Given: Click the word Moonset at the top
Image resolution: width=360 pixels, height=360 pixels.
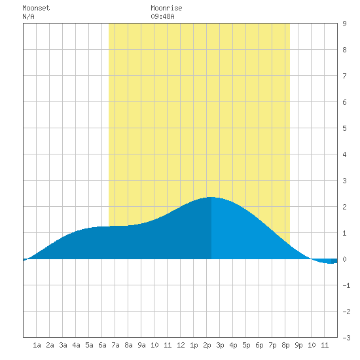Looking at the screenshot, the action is (x=36, y=8).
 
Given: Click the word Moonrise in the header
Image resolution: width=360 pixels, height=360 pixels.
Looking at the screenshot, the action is (x=166, y=8).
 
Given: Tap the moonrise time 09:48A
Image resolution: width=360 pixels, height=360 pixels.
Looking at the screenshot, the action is (x=162, y=16).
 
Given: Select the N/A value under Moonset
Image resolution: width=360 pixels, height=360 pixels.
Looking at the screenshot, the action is (x=28, y=16).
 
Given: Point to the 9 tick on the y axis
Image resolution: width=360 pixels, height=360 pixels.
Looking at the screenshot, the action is (x=344, y=24).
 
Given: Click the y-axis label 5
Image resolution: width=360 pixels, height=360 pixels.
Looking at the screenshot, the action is (x=344, y=128).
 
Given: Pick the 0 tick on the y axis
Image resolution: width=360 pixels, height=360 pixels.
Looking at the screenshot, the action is (x=344, y=259).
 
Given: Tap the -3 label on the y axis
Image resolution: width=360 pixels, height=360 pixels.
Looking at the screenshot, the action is (x=346, y=338).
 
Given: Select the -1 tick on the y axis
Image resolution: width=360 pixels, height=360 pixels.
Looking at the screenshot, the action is (x=346, y=285).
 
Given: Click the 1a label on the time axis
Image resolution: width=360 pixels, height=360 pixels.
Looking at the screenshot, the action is (x=37, y=345).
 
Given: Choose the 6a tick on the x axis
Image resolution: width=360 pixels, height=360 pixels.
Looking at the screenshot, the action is (x=102, y=345).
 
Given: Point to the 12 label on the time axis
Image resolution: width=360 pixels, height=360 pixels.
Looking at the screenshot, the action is (x=181, y=345).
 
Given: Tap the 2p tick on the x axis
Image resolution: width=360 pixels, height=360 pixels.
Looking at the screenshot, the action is (x=207, y=345).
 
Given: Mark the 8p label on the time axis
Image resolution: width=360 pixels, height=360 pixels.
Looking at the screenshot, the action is (x=285, y=345).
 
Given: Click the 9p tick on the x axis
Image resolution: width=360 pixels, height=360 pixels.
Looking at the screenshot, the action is (x=298, y=345).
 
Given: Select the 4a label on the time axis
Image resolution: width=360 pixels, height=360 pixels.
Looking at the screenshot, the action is (x=76, y=345).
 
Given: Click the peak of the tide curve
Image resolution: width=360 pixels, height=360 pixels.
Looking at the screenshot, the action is (x=211, y=197).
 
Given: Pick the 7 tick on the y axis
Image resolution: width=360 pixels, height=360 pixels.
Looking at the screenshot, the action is (x=344, y=76).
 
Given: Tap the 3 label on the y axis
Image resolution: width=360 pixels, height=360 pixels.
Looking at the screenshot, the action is (x=344, y=181).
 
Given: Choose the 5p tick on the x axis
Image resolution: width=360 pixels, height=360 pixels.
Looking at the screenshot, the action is (x=246, y=345).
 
